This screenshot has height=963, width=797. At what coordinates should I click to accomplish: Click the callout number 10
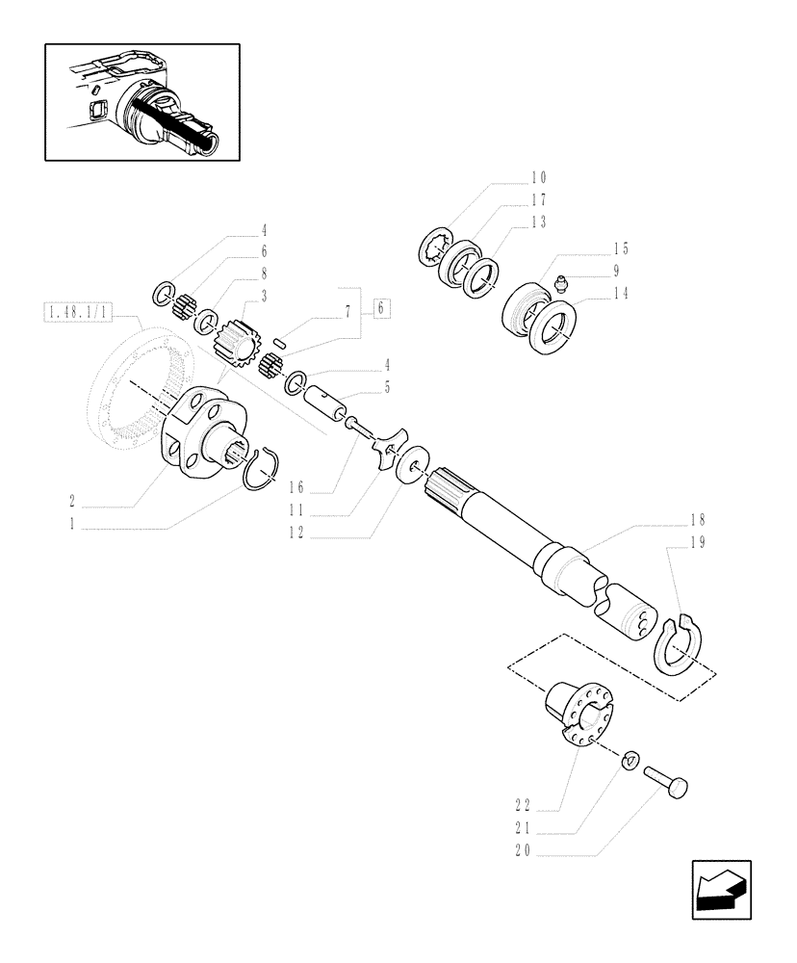coord(537,177)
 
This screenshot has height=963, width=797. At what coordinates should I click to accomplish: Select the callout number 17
coord(537,200)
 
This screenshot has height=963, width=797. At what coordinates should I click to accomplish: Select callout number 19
coord(697,542)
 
